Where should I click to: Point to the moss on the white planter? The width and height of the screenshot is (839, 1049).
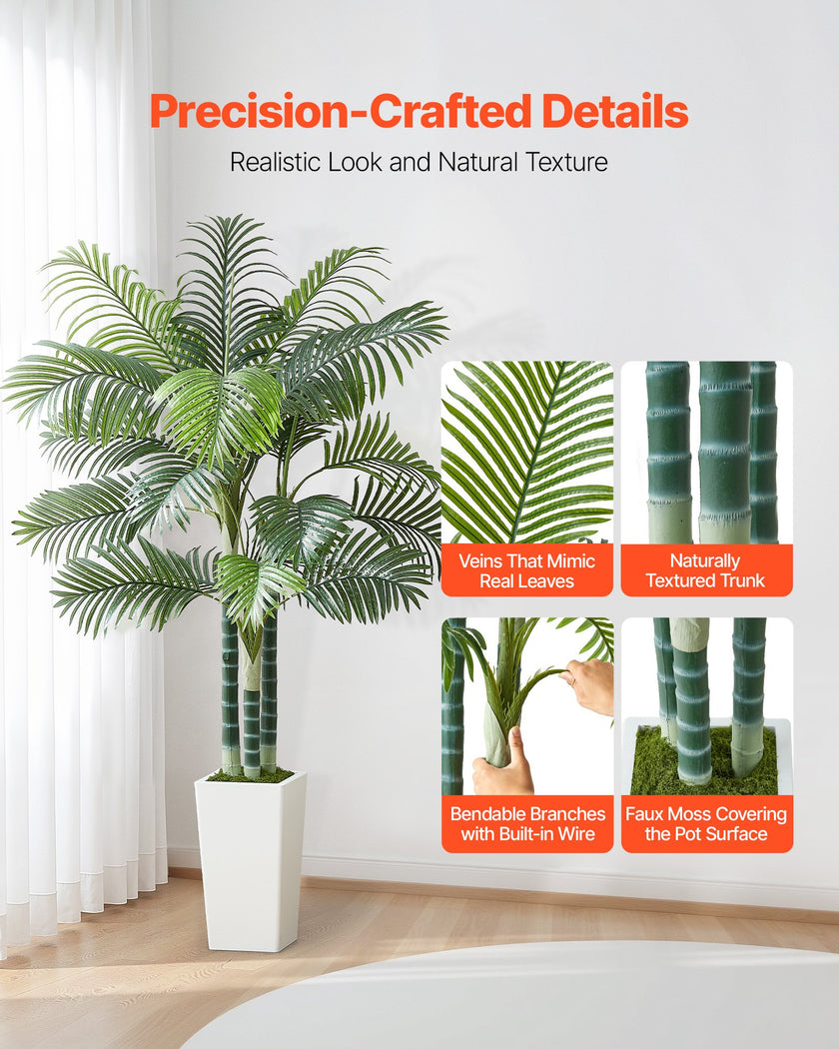250,775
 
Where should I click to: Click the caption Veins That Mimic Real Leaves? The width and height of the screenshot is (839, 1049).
527,570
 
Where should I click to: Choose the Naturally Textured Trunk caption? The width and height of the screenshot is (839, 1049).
706,570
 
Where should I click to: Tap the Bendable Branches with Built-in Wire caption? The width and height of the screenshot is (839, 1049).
527,824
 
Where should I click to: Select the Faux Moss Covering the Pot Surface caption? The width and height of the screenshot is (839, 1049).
706,824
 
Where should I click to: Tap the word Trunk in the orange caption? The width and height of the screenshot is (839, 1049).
740,580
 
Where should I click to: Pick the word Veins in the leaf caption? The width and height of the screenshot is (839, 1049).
480,560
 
